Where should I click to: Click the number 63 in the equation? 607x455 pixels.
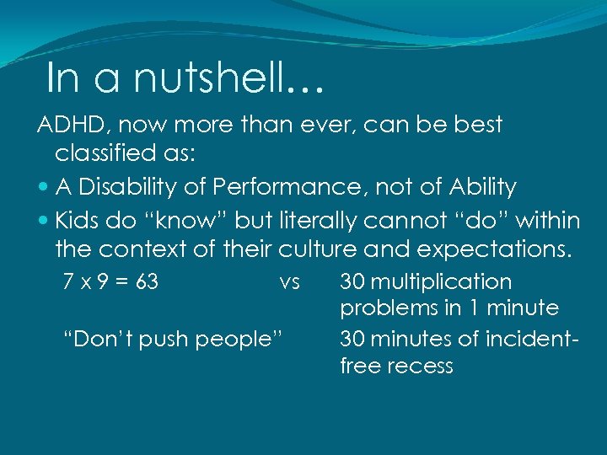(147, 282)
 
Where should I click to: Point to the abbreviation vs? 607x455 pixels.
(289, 282)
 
